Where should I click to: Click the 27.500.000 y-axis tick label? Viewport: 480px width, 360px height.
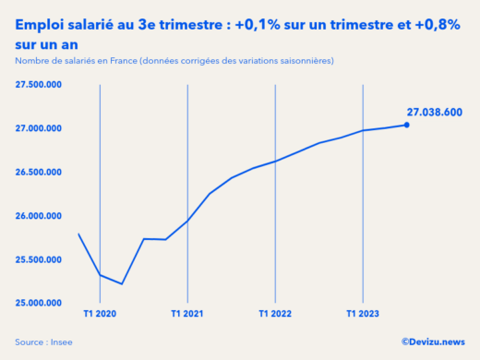click(x=38, y=85)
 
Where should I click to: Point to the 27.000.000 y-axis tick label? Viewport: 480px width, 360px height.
click(x=38, y=128)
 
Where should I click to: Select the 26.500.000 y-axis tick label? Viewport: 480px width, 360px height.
click(x=38, y=172)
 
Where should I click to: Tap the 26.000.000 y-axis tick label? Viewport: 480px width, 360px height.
click(x=38, y=216)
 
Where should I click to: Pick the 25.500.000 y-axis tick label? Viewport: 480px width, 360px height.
click(x=38, y=259)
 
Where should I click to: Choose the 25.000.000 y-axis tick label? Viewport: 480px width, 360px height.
click(x=38, y=303)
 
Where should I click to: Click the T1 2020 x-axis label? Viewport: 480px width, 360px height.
click(x=99, y=315)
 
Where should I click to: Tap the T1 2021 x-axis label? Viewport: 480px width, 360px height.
click(x=187, y=315)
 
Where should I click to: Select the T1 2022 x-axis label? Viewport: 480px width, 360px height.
click(x=275, y=315)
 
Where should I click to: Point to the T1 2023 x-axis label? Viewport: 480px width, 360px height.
click(x=363, y=315)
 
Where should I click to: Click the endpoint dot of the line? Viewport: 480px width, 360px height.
click(x=407, y=125)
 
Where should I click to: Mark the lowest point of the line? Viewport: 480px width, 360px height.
click(x=122, y=284)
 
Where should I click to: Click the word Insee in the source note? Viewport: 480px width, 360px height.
click(x=62, y=342)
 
